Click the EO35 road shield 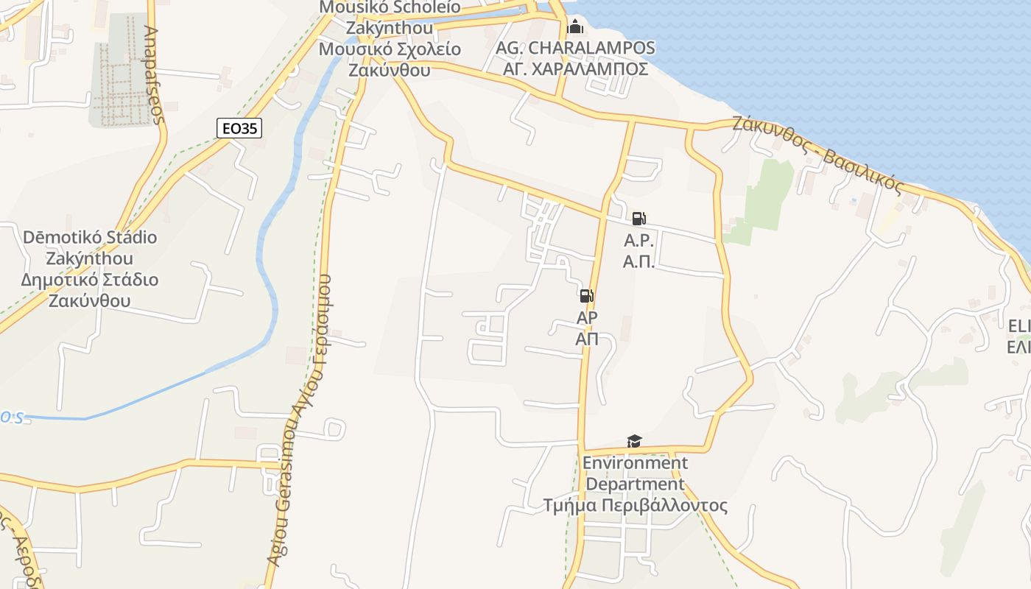pos(240,128)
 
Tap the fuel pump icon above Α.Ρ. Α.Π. pos(638,219)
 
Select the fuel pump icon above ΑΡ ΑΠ pos(586,296)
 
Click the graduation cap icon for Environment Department pos(634,441)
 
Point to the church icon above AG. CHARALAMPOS pos(575,27)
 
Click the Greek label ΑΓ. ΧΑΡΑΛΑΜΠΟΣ pos(575,68)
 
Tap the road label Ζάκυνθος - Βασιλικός pos(817,155)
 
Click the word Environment pos(635,463)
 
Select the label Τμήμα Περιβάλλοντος pos(635,506)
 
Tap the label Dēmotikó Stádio pos(90,237)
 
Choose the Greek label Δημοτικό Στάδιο pos(90,280)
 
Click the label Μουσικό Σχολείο pos(390,49)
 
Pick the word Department pos(635,484)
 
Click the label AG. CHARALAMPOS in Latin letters pos(575,48)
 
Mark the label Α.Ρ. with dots pos(638,240)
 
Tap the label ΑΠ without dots pos(586,339)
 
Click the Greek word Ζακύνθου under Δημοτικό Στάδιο pos(90,301)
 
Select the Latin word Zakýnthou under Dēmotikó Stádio pos(90,258)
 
